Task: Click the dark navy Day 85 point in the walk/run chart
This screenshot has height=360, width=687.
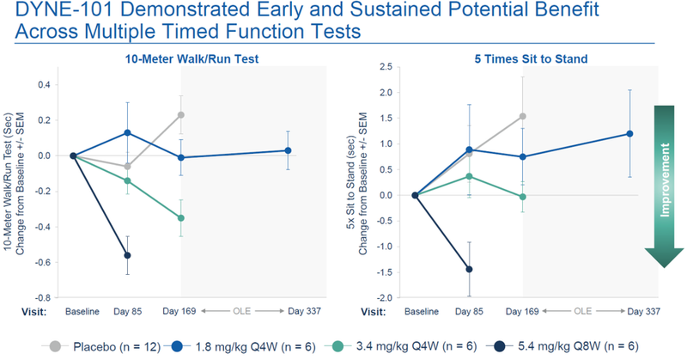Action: (x=127, y=255)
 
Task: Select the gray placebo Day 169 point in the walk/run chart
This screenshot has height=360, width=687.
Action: (x=181, y=114)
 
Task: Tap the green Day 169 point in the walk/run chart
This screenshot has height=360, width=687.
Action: (x=181, y=218)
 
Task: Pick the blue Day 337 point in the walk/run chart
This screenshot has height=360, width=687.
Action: (x=288, y=150)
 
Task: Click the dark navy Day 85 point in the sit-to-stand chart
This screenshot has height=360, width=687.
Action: (x=469, y=269)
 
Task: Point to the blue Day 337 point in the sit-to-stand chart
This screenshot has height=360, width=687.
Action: (x=629, y=134)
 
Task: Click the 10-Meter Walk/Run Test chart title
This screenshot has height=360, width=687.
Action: (x=192, y=59)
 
